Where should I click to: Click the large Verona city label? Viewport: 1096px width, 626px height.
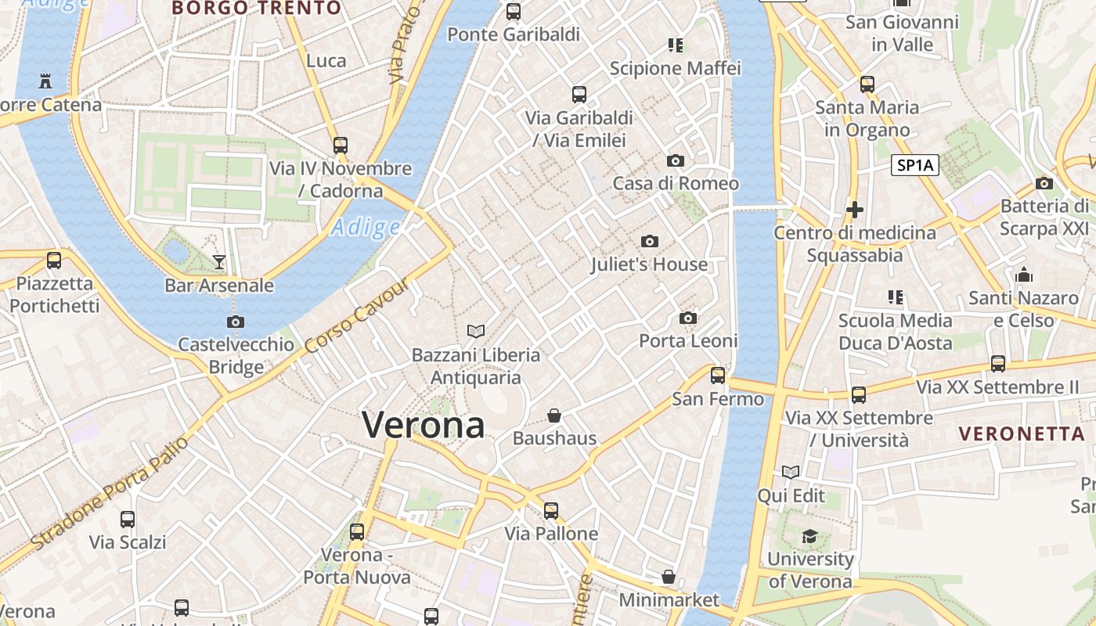pyautogui.click(x=424, y=425)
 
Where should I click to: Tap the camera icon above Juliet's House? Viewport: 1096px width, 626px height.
pyautogui.click(x=649, y=241)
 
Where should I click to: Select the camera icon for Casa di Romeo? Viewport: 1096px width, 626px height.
pyautogui.click(x=676, y=160)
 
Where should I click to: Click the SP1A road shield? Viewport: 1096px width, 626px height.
pyautogui.click(x=915, y=165)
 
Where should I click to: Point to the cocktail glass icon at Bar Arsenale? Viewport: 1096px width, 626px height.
pyautogui.click(x=219, y=261)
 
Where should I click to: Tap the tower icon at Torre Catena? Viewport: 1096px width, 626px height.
pyautogui.click(x=45, y=81)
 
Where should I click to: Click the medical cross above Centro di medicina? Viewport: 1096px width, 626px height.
pyautogui.click(x=855, y=210)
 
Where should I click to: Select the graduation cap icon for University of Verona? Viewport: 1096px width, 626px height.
pyautogui.click(x=809, y=536)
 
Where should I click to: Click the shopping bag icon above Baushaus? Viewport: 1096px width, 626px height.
pyautogui.click(x=554, y=415)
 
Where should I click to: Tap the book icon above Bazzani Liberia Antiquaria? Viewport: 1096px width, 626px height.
pyautogui.click(x=476, y=332)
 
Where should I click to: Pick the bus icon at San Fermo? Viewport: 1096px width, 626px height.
pyautogui.click(x=718, y=376)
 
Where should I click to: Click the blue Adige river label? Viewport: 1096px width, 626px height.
pyautogui.click(x=365, y=227)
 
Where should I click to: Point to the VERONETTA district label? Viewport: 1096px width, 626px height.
pyautogui.click(x=1022, y=434)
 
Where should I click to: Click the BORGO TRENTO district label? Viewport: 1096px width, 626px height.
pyautogui.click(x=256, y=9)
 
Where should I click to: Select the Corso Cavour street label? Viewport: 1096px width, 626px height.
pyautogui.click(x=357, y=315)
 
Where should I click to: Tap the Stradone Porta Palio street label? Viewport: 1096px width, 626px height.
pyautogui.click(x=110, y=493)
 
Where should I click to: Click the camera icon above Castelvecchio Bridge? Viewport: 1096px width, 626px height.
pyautogui.click(x=236, y=322)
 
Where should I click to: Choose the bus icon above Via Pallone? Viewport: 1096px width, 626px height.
pyautogui.click(x=551, y=511)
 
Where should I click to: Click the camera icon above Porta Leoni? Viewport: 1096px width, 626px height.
pyautogui.click(x=688, y=318)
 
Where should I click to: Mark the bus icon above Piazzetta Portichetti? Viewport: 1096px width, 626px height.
pyautogui.click(x=54, y=261)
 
